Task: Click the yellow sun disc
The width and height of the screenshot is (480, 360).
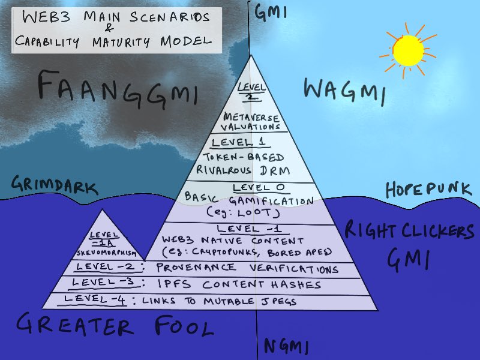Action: (x=408, y=50)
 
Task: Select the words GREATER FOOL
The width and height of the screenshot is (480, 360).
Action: (x=114, y=327)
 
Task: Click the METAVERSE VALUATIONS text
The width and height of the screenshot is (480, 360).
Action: (x=252, y=121)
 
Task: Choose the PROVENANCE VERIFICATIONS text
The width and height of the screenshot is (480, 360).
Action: (x=247, y=268)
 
